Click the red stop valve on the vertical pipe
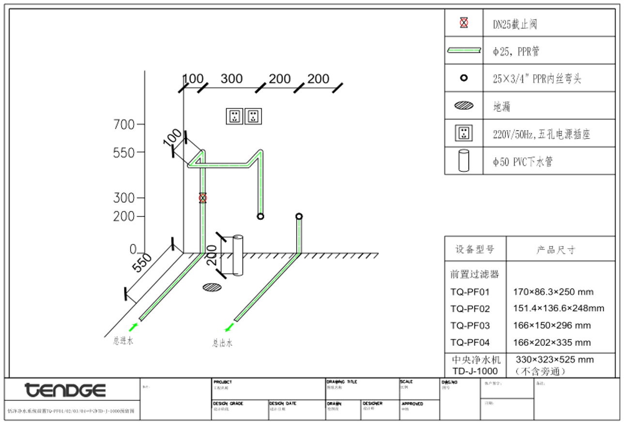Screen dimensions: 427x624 coord(203,198)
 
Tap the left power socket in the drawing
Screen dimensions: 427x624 coord(235,116)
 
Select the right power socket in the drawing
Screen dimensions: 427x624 coord(253,116)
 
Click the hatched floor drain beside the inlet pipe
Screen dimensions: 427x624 coord(213,287)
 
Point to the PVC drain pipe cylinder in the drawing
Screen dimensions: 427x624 coord(238,255)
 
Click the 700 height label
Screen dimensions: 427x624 coord(124,124)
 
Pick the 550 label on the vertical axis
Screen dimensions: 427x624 coord(124,152)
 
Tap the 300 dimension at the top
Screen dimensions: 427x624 coord(231,79)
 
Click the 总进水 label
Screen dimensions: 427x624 coord(123,341)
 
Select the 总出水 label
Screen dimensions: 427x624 coord(222,343)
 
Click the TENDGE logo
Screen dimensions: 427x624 coord(65,390)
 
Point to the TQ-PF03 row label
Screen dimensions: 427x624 coord(470,325)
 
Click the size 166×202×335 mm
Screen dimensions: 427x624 coord(552,343)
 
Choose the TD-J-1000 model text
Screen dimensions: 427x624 coord(474,371)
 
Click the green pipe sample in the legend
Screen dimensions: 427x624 coord(464,50)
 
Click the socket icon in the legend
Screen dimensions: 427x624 coord(464,133)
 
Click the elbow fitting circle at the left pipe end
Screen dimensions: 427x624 coord(260,216)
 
